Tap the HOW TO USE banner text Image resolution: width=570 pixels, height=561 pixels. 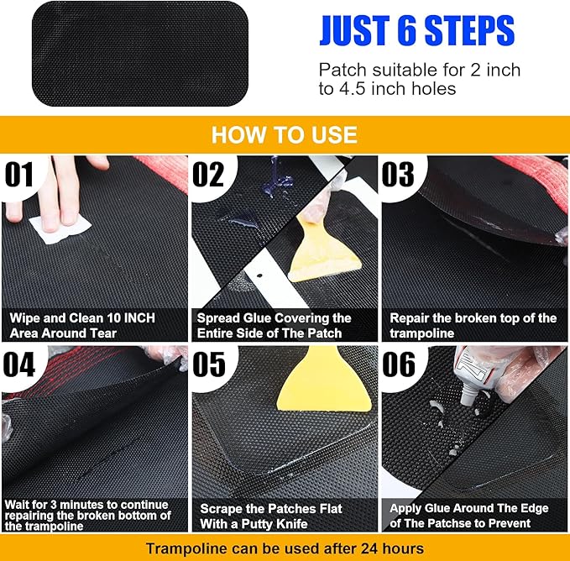[284, 134]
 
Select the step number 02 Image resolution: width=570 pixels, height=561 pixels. [209, 175]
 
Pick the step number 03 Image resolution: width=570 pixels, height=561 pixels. [399, 175]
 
